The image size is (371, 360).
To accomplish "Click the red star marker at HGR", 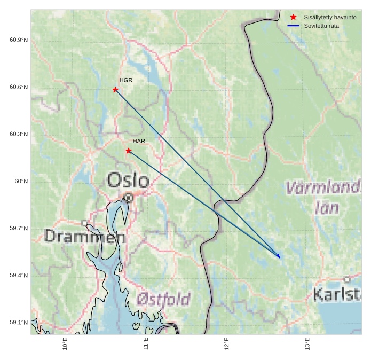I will (x=115, y=90).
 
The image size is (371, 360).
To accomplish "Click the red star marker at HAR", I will (x=129, y=151).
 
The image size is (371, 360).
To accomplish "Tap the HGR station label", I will (x=126, y=80).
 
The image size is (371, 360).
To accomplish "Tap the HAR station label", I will (x=139, y=141).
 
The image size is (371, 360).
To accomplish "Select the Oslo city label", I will (x=128, y=180).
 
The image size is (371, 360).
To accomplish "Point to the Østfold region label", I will (x=163, y=299).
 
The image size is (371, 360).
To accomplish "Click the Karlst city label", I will (x=337, y=294).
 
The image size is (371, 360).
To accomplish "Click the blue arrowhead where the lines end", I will (x=279, y=257).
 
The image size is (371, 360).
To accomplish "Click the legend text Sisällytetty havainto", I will (x=330, y=17).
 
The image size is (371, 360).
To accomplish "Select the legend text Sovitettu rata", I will (x=321, y=26).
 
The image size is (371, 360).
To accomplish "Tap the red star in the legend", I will (x=293, y=17).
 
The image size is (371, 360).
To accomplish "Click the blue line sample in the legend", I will (x=293, y=26).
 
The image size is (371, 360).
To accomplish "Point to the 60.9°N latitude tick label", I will (x=19, y=40).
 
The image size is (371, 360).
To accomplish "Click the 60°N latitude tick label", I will (x=21, y=181).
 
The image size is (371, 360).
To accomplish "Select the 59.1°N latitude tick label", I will (x=19, y=322).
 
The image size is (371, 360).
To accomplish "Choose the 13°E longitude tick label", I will (x=307, y=343).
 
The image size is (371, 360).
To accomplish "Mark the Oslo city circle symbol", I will (x=128, y=198).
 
